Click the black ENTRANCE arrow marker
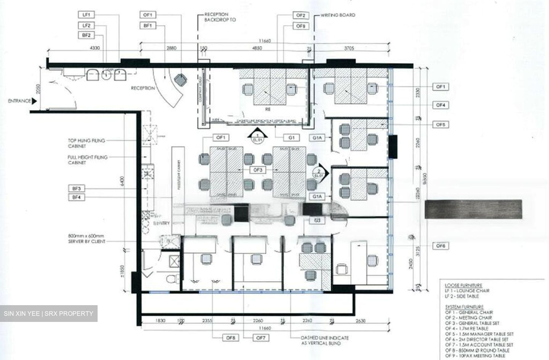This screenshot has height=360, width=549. [34, 101]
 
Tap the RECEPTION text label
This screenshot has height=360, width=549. [143, 88]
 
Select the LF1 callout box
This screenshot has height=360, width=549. [87, 15]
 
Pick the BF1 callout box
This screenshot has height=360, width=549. [148, 26]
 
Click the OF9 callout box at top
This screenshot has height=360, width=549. [300, 26]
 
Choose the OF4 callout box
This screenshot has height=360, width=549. [440, 105]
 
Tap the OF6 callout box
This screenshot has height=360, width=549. [440, 246]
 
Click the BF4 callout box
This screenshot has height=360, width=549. [77, 197]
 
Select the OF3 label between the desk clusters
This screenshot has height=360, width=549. [258, 170]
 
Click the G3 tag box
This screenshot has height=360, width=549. [317, 221]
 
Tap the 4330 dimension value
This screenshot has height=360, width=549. [95, 48]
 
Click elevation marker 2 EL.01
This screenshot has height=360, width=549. [318, 171]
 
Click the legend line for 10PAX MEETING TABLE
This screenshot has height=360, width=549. [475, 355]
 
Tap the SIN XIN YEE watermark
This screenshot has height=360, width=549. [48, 314]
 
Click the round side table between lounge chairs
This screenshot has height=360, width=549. [106, 75]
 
